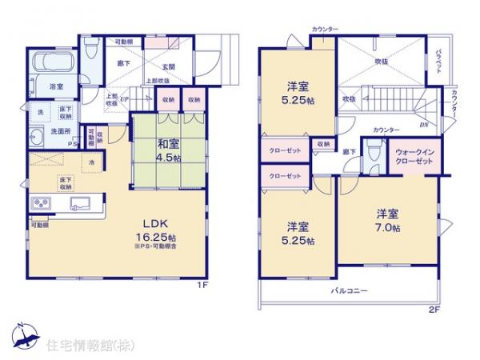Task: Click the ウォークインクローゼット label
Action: [x=414, y=156]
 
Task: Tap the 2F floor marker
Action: [x=434, y=308]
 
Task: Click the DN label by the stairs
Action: [x=425, y=125]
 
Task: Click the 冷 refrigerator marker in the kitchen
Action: [x=92, y=164]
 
